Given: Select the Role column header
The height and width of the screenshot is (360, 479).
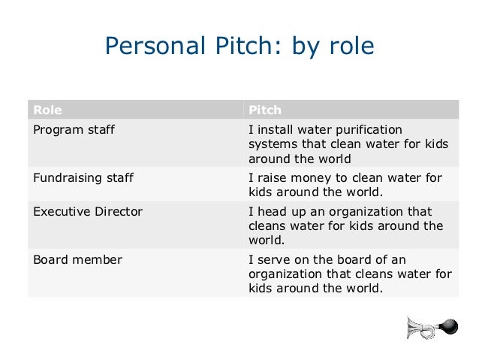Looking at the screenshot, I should pos(47,110).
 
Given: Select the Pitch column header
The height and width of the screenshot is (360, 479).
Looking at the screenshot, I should pos(265,110).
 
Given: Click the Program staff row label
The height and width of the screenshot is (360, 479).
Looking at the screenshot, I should pos(74,129).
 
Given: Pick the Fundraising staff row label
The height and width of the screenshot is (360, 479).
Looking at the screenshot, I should pos(83,178).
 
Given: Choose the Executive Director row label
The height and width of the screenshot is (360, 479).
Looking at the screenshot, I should pos(88,211).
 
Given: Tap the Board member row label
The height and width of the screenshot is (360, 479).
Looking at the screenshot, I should pos(77,260).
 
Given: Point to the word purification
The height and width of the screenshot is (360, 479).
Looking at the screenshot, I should pos(368,129).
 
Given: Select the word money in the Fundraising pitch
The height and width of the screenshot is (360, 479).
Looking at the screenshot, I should pos(309,178).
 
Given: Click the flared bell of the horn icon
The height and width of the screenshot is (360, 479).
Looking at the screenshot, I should pos(412,328).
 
